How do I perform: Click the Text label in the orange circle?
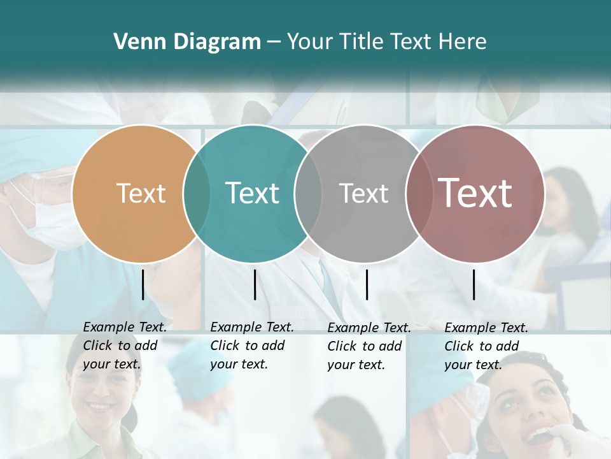click(x=141, y=193)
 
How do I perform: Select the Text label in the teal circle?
click(x=252, y=193)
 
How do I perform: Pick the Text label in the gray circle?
click(x=363, y=193)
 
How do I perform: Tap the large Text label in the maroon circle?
click(x=475, y=193)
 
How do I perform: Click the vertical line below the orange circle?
click(x=143, y=284)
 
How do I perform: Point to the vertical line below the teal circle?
click(x=255, y=284)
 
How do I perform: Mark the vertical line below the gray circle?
click(x=367, y=284)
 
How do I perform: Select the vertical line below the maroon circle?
click(x=474, y=284)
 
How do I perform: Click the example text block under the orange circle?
click(x=125, y=346)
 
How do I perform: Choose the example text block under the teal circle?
click(x=252, y=346)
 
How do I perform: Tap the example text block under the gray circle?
click(x=369, y=346)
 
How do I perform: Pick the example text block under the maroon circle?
click(x=486, y=346)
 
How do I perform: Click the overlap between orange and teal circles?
click(x=197, y=193)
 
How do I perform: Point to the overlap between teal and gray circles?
click(x=308, y=193)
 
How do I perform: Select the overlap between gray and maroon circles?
click(x=419, y=193)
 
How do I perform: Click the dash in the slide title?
click(x=274, y=42)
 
